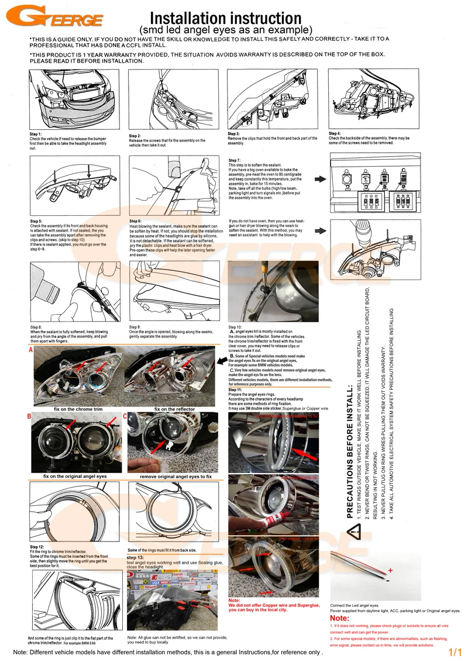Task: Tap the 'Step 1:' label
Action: (36, 134)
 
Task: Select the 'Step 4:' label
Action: (335, 133)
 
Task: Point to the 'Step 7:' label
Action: (235, 160)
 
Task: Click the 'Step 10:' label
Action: (235, 327)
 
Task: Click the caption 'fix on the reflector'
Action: (174, 409)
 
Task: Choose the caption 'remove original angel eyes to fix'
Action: (175, 477)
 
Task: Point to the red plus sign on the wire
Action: (389, 569)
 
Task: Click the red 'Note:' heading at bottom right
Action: (340, 618)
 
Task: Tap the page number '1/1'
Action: (455, 651)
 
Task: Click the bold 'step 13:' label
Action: (136, 557)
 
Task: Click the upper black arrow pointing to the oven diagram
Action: (321, 179)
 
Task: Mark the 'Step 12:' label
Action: (36, 546)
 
